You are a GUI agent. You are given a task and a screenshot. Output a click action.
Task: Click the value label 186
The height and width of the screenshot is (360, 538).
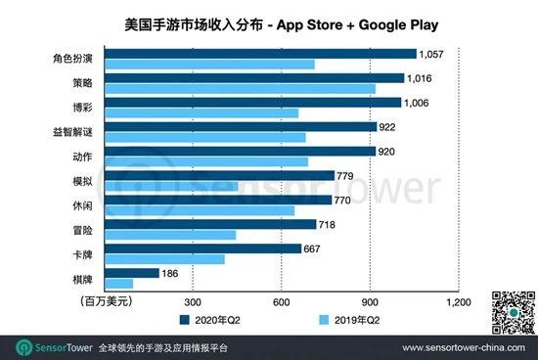[x=170, y=273]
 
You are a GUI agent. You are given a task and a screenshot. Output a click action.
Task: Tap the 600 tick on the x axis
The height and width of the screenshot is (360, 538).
[x=281, y=300]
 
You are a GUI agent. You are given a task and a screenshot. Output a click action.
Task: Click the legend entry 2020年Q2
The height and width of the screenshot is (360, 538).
[x=214, y=319]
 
